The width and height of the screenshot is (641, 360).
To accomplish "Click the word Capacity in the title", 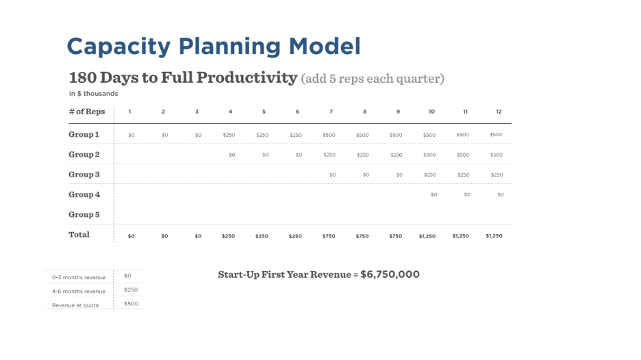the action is [x=118, y=47].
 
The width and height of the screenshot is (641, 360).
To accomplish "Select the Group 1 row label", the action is [x=84, y=134].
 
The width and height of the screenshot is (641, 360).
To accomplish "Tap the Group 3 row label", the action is [x=84, y=175].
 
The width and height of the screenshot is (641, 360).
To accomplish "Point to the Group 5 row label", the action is [x=84, y=214].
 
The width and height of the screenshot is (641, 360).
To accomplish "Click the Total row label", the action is [x=79, y=235].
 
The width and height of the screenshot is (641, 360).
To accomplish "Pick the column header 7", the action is [x=331, y=112].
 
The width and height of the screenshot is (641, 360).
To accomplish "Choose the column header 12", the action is [x=499, y=112].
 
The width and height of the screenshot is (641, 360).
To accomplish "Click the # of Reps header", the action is [x=87, y=112].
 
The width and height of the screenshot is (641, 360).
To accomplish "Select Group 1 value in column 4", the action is [x=229, y=135].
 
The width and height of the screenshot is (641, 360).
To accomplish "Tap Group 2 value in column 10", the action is [x=429, y=155].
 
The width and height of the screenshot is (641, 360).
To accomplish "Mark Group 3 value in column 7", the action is [x=332, y=175].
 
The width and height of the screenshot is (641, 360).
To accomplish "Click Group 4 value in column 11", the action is [x=467, y=194].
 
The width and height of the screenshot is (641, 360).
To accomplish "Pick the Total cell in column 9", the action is [x=396, y=236].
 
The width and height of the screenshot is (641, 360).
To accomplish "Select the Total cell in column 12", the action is [x=494, y=235].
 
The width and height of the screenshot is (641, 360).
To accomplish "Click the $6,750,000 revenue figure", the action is [x=390, y=274].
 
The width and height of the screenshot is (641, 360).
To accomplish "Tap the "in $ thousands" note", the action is [x=93, y=94].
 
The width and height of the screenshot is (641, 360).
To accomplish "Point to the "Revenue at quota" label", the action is [x=75, y=305].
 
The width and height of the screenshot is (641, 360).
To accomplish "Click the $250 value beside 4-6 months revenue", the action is [x=131, y=290].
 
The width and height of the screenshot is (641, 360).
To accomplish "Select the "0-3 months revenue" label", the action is [x=79, y=277].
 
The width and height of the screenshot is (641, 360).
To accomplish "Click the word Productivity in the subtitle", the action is [x=229, y=77].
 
